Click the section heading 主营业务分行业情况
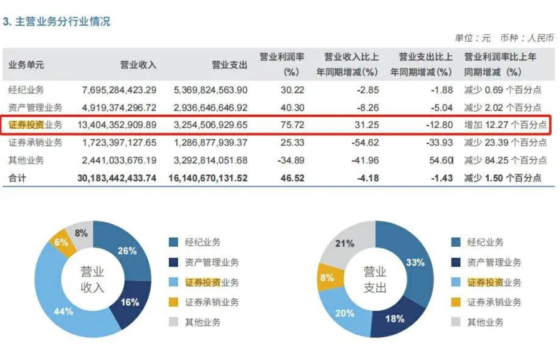tap(63, 21)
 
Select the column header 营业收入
tap(138, 65)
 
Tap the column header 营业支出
tap(230, 65)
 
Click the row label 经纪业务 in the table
tap(26, 90)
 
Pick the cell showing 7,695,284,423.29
tap(119, 90)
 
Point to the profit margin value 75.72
tap(292, 125)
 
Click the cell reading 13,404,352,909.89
tap(117, 125)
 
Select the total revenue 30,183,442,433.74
tap(117, 178)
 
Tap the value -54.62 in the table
tap(365, 142)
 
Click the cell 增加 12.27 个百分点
tap(505, 125)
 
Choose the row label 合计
tap(17, 178)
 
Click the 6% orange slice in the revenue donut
tap(62, 242)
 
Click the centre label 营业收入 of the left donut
tap(93, 279)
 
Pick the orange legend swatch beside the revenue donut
tap(173, 302)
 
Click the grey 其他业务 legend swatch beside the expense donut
tap(456, 322)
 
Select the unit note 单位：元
tap(473, 38)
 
